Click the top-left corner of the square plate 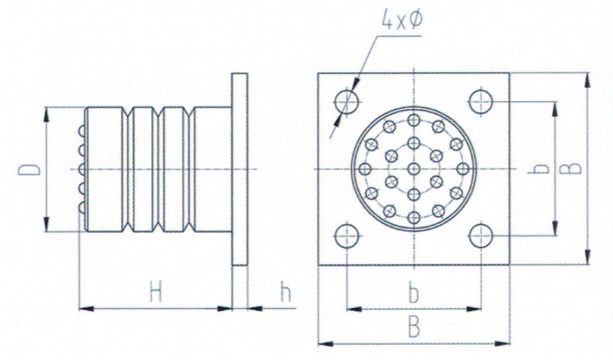[318, 73]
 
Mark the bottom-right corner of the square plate [509, 265]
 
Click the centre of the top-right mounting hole [481, 102]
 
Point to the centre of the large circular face [414, 169]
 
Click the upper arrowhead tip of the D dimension [46, 107]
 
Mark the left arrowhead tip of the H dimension [79, 308]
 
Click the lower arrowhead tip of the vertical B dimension [587, 265]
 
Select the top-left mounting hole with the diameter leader [347, 102]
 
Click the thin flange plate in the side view [240, 169]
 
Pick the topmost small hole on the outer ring [414, 120]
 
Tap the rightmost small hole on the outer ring [463, 169]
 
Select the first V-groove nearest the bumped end [128, 169]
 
